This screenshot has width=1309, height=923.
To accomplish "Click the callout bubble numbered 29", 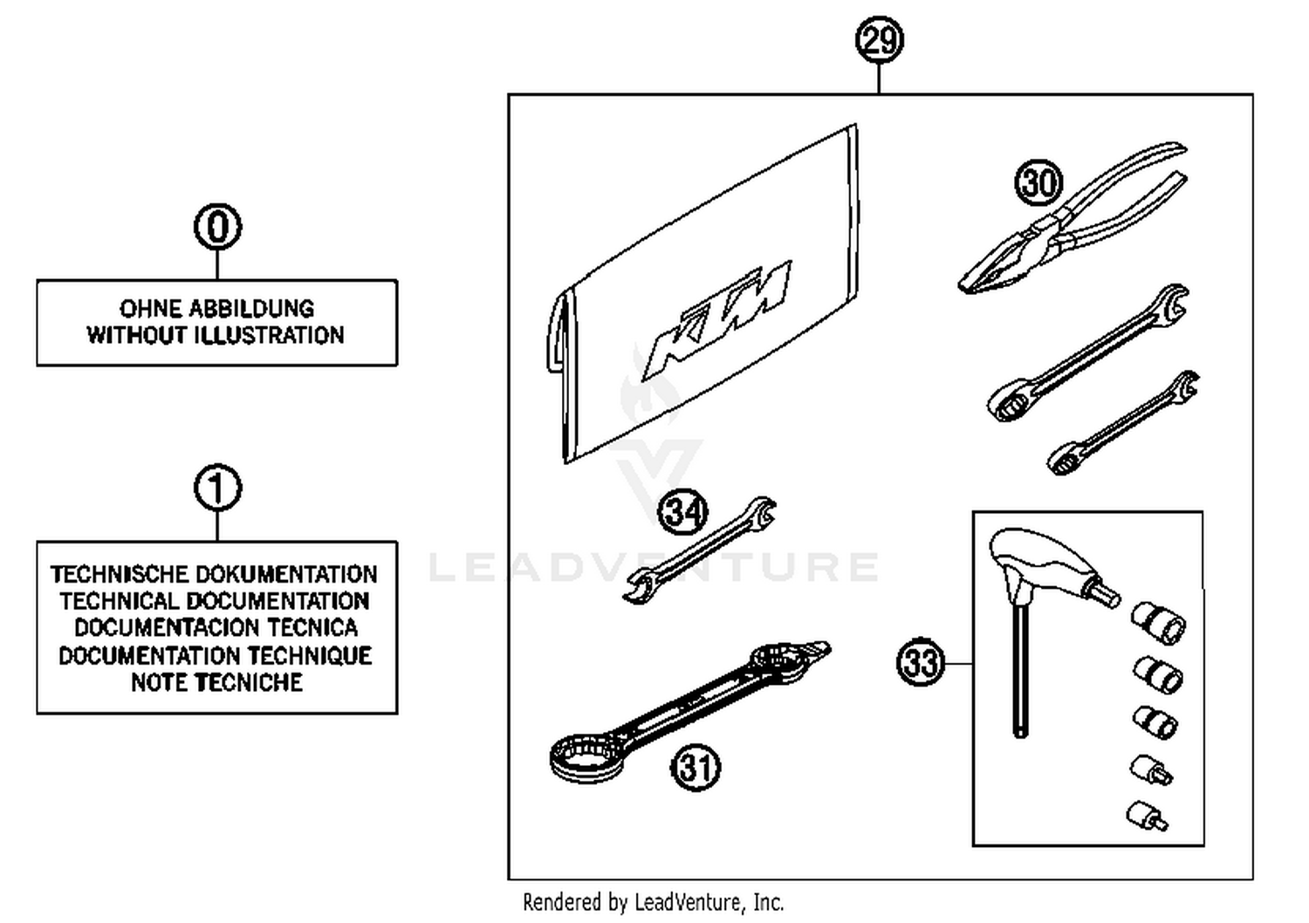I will tap(879, 41).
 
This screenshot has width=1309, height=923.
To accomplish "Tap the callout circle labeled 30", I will tap(1038, 183).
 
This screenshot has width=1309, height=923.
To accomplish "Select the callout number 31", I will tap(696, 768).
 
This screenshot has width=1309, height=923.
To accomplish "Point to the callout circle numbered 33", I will tap(921, 663).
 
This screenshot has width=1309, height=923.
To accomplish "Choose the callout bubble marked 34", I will tap(682, 512).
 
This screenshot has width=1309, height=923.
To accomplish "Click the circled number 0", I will tap(217, 227).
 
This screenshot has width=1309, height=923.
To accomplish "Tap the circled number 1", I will tap(217, 489).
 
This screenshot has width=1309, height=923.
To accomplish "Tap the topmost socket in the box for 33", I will tap(1159, 622).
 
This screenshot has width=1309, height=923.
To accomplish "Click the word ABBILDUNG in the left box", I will tap(251, 309).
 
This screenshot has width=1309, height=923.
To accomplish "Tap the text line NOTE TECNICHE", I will tap(216, 682).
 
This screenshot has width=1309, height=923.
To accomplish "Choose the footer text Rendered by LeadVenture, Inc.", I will tap(653, 902).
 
